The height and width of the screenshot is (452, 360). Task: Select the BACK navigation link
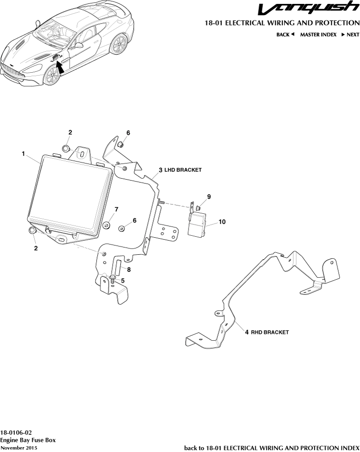285,35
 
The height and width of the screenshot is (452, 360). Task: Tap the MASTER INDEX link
318,35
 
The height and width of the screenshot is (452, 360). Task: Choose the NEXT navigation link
350,35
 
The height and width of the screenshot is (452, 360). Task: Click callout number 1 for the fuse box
23,154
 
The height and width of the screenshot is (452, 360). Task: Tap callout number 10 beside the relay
222,222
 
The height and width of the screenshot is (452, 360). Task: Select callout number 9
209,196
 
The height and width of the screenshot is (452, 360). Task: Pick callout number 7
116,209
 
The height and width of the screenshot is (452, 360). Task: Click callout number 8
129,269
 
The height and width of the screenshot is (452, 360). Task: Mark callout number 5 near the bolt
123,281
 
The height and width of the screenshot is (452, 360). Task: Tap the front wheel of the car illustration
51,75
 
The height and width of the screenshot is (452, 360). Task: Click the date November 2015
19,448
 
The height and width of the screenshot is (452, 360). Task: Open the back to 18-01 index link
272,448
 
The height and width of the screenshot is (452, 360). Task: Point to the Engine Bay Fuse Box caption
28,440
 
